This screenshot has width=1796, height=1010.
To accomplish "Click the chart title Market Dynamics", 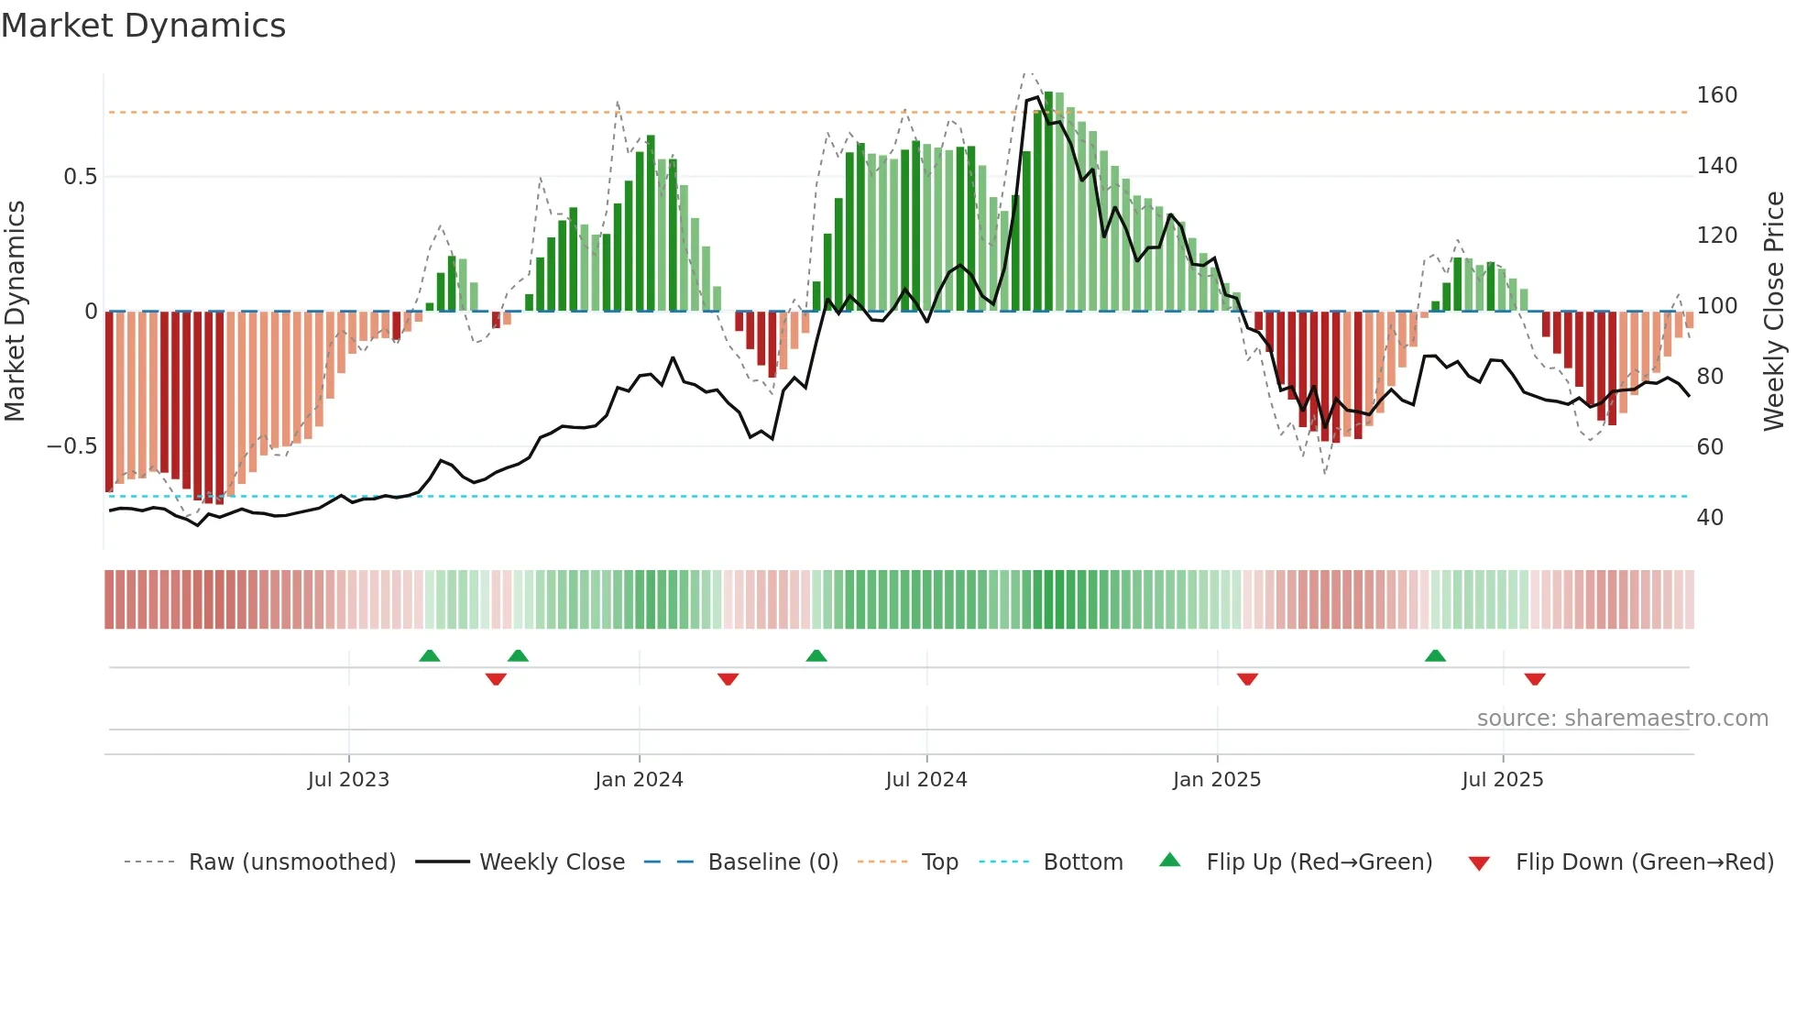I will pos(143,26).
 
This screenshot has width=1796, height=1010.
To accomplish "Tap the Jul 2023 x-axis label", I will pos(348,780).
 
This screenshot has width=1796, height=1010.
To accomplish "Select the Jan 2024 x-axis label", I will pos(639,780).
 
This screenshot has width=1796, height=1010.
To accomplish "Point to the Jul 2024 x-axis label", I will pos(925,780).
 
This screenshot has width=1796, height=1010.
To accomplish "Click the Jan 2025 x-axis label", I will pos(1216,780).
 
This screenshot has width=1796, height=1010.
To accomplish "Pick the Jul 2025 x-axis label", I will pos(1502,780).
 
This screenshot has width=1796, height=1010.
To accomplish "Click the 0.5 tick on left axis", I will pos(80,177).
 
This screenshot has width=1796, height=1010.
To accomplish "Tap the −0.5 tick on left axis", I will pos(71,446).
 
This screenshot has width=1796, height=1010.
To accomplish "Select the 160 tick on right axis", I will pos(1716,95).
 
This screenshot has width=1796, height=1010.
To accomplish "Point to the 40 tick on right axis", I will pos(1710,518).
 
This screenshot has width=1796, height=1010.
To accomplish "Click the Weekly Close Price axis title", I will pos(1775,312).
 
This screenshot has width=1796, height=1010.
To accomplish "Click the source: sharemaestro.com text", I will pos(1622,719).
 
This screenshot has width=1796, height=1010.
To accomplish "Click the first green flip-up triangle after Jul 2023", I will pos(429,655).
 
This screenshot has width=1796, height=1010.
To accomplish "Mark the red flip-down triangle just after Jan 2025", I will pos(1247,679).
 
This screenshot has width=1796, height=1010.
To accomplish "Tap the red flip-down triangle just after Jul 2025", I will pos(1535,679).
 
